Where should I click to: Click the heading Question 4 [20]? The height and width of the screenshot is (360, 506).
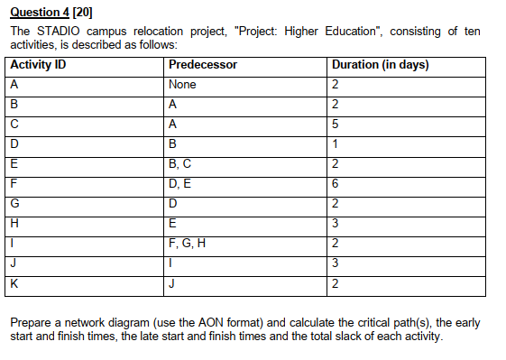(x=52, y=12)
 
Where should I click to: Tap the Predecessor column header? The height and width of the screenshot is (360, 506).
(x=203, y=65)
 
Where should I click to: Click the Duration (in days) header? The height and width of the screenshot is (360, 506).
(x=380, y=65)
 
